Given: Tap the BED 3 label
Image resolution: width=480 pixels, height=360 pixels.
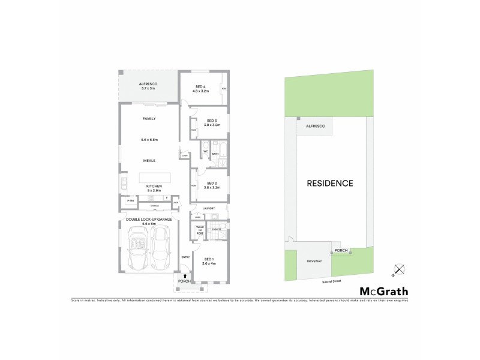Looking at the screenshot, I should pos(211,120).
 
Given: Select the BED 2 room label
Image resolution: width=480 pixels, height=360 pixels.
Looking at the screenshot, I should pos(211,183).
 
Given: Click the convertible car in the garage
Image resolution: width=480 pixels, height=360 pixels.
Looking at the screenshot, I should pos(139,249).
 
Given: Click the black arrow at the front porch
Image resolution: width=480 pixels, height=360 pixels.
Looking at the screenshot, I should pos(184,275).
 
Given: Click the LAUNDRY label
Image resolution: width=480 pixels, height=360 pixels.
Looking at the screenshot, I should pos(209,209).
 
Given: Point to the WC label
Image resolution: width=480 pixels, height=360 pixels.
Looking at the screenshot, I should pos(205,151).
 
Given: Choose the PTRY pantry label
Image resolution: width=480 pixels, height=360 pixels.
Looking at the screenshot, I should pos(130,200).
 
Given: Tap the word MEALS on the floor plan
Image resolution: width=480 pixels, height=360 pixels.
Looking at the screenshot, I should pos(149,160).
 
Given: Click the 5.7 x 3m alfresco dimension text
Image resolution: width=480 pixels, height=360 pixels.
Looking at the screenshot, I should pos(148,89).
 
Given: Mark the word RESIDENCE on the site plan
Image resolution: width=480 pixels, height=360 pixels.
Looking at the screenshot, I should pos(330,183).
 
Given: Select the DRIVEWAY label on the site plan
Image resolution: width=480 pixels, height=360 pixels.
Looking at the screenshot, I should pos(314,262).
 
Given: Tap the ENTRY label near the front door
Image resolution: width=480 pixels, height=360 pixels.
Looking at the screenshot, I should pos(185,257).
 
